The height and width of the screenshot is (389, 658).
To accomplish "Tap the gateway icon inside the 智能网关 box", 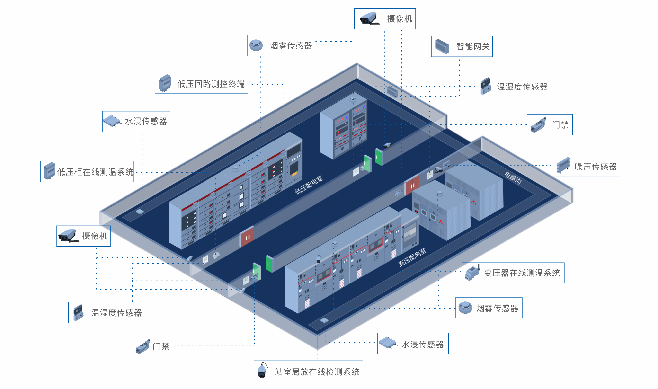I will pos(442,46).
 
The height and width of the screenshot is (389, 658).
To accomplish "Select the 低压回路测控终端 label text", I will pos(211,84).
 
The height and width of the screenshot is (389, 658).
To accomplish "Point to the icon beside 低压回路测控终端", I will pos(165,83).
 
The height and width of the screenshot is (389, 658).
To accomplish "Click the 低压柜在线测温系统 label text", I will pos(95,172).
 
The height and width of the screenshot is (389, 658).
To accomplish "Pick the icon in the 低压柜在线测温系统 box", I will pos(49,171).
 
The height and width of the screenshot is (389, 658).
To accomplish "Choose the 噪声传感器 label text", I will pos(595,167).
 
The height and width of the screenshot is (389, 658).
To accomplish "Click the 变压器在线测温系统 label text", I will pos(522,273).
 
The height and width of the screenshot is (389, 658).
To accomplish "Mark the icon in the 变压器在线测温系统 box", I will pos(472,273).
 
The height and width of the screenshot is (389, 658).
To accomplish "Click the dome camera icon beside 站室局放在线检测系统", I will pos(262,371).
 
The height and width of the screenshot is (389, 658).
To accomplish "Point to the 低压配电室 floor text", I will pos(309,185).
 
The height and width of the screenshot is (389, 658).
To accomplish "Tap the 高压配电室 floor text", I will pos(412,257).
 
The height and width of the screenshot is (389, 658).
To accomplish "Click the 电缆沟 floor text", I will pos(513,178).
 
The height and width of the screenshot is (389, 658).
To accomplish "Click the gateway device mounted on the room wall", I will pos(392,92).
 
